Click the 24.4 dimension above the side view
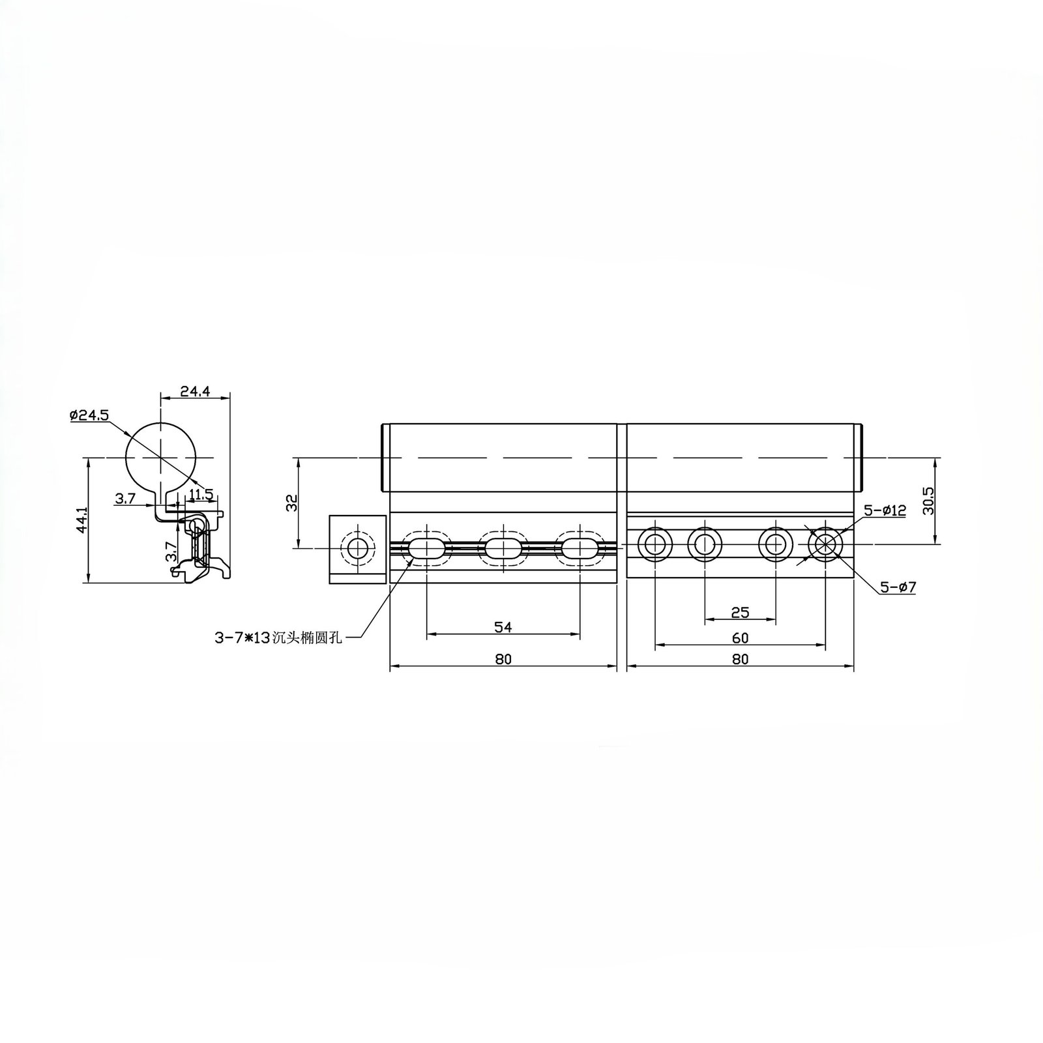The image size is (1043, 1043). point(195,392)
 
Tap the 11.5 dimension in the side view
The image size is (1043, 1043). point(200,494)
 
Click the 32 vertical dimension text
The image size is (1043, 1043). point(291,503)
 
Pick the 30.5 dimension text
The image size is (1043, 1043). point(929,501)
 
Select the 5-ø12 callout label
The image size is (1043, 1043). point(885,510)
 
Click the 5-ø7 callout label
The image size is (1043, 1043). point(898,587)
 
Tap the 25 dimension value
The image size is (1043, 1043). point(740,612)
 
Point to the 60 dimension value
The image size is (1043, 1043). point(740,638)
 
